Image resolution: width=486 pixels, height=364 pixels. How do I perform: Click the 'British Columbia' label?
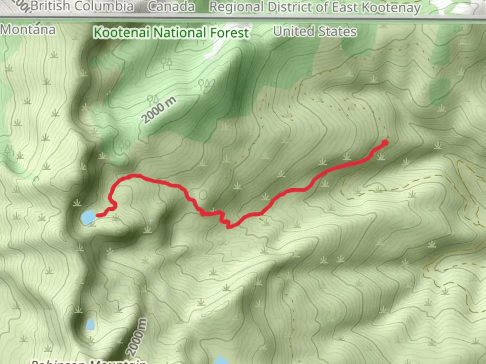(82, 6)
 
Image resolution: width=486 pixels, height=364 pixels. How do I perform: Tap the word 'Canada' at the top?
(171, 7)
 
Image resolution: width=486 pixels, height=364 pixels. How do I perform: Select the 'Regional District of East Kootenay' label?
(315, 7)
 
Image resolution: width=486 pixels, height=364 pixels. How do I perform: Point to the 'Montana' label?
(28, 30)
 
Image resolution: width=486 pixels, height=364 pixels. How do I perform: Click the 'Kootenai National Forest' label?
(171, 33)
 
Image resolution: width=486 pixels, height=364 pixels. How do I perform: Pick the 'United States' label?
(315, 31)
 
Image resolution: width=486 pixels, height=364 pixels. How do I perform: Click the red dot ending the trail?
(385, 143)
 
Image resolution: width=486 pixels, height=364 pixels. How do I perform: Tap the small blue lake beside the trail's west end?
(88, 217)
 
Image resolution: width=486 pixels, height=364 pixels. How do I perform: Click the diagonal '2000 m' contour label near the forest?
(159, 110)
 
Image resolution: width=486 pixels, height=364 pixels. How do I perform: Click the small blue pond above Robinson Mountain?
(90, 325)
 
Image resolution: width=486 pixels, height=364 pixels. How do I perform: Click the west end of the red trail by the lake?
(98, 215)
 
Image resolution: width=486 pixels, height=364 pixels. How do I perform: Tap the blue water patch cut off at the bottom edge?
(221, 360)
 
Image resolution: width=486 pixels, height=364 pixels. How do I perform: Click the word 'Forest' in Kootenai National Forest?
(230, 33)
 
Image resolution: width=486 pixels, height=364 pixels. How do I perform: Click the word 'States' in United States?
(337, 31)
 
